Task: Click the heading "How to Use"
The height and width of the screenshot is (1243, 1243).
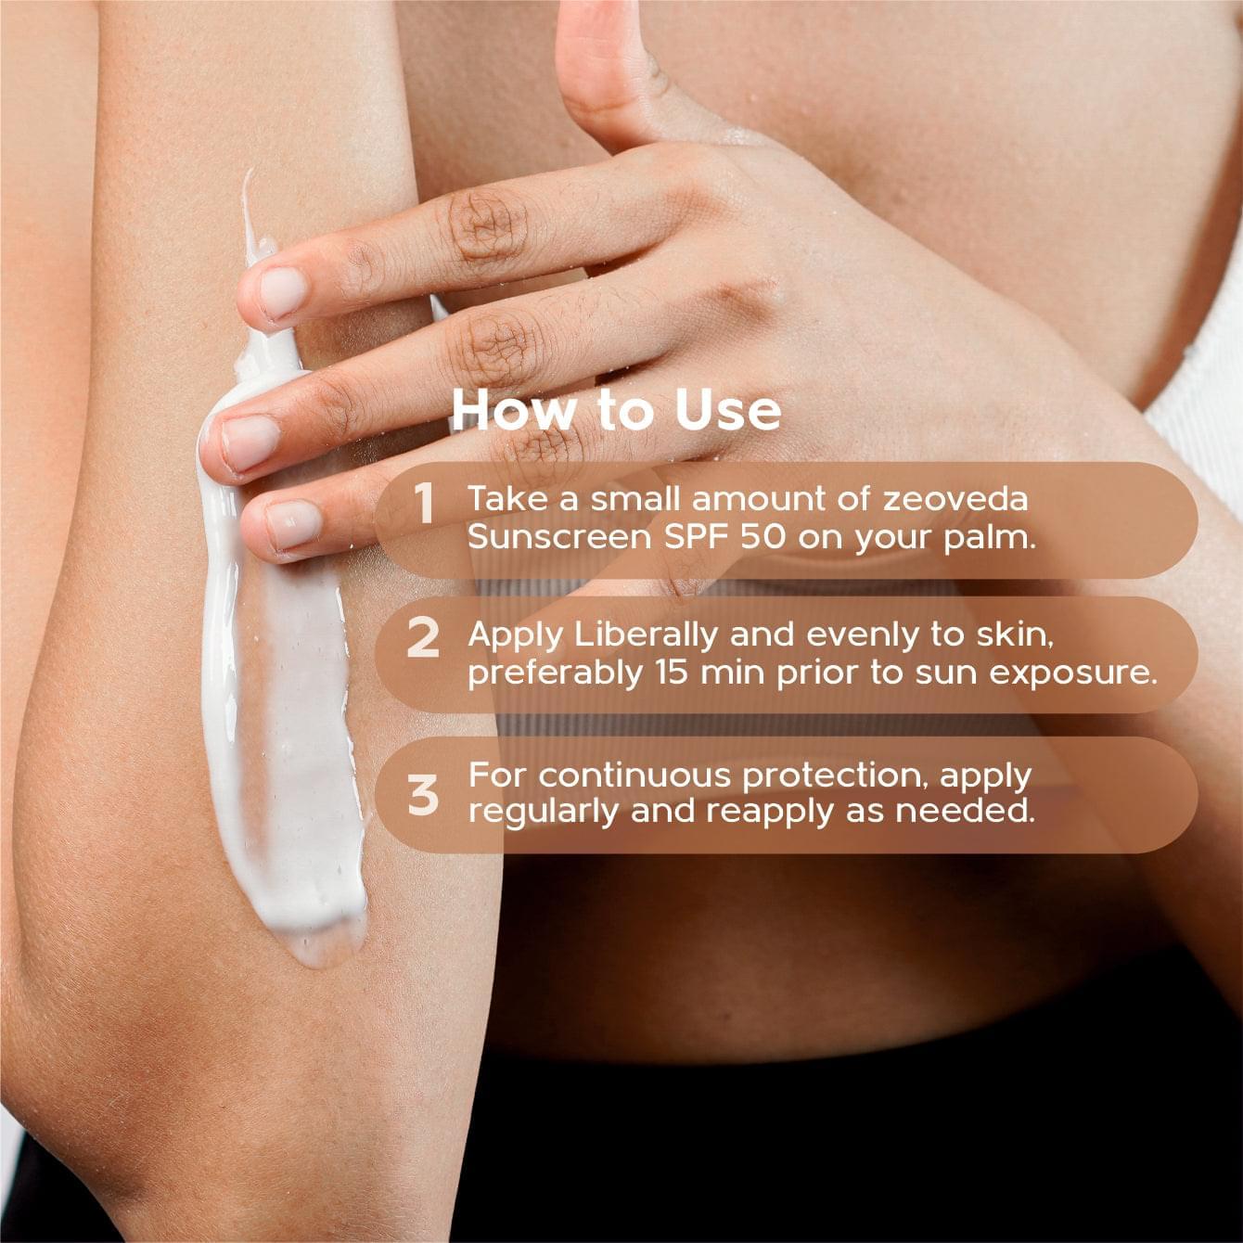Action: (616, 411)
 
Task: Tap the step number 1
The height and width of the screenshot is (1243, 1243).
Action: (424, 505)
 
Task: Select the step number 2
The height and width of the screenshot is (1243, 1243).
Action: (423, 638)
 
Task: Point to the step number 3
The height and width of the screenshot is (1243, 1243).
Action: (423, 794)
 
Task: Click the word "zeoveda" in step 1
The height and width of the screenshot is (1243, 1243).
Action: (955, 499)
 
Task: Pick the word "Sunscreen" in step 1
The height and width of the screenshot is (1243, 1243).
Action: (559, 537)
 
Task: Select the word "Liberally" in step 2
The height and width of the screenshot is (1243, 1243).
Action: (646, 634)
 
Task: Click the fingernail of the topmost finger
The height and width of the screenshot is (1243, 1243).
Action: (282, 293)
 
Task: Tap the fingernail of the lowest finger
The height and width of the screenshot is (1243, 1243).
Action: (293, 526)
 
